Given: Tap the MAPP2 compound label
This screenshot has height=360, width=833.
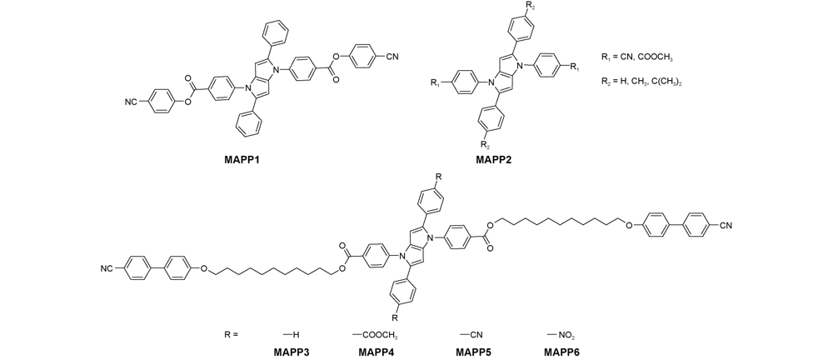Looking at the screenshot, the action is [494, 159].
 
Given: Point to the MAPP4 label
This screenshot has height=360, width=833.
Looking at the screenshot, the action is [377, 352].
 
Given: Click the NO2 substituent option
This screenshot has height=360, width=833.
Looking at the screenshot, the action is [561, 335].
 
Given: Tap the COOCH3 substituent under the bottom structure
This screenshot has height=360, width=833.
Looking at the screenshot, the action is [375, 335].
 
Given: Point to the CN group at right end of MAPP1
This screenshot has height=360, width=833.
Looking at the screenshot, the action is [392, 57].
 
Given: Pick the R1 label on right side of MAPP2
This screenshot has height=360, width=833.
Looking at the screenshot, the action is [575, 66].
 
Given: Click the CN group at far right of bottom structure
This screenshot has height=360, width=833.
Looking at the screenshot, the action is [726, 226].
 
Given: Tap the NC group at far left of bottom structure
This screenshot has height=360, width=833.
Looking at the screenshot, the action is [107, 269].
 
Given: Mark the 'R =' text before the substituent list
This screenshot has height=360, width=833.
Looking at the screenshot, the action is [231, 335].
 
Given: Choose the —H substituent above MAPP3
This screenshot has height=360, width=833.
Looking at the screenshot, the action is [292, 335].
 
